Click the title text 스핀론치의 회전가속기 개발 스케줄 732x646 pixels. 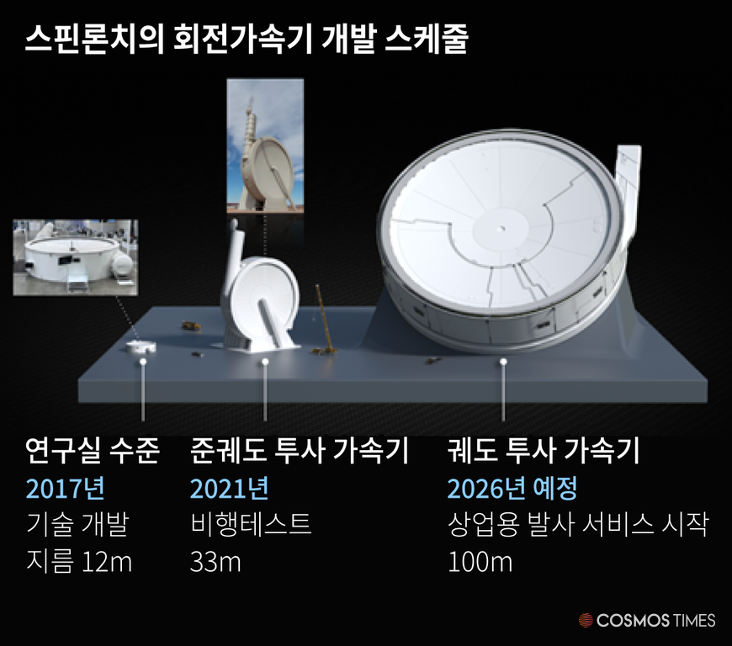pyautogui.click(x=246, y=39)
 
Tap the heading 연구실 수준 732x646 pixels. pyautogui.click(x=93, y=450)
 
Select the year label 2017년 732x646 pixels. pyautogui.click(x=65, y=489)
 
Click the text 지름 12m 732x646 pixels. pyautogui.click(x=79, y=562)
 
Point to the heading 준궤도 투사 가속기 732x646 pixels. pyautogui.click(x=300, y=450)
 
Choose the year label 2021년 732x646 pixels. pyautogui.click(x=229, y=489)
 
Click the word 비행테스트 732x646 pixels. pyautogui.click(x=251, y=524)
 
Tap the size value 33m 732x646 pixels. pyautogui.click(x=215, y=562)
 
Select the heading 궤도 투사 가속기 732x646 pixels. pyautogui.click(x=543, y=450)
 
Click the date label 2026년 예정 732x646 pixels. pyautogui.click(x=512, y=489)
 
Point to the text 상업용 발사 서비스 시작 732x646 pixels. pyautogui.click(x=578, y=524)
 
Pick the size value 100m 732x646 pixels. pyautogui.click(x=480, y=562)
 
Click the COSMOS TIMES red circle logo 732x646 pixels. pyautogui.click(x=586, y=620)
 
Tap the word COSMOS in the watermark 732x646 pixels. pyautogui.click(x=633, y=620)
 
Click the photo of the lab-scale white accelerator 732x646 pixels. pyautogui.click(x=76, y=257)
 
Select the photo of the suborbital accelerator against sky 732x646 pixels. pyautogui.click(x=265, y=146)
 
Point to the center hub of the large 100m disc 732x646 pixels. pyautogui.click(x=501, y=229)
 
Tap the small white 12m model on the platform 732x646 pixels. pyautogui.click(x=141, y=347)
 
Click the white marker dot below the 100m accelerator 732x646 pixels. pyautogui.click(x=503, y=362)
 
